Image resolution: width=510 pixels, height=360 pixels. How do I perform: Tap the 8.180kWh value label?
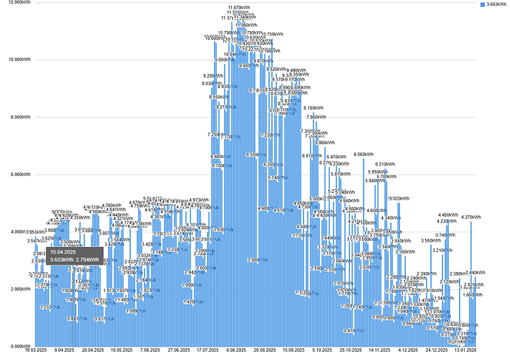(313, 108)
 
